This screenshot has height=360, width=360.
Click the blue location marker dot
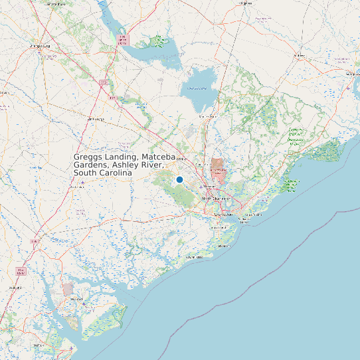(179, 179)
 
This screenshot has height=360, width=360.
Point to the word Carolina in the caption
(113, 173)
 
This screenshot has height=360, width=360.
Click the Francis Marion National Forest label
(295, 135)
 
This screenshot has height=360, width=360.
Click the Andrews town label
(299, 55)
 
